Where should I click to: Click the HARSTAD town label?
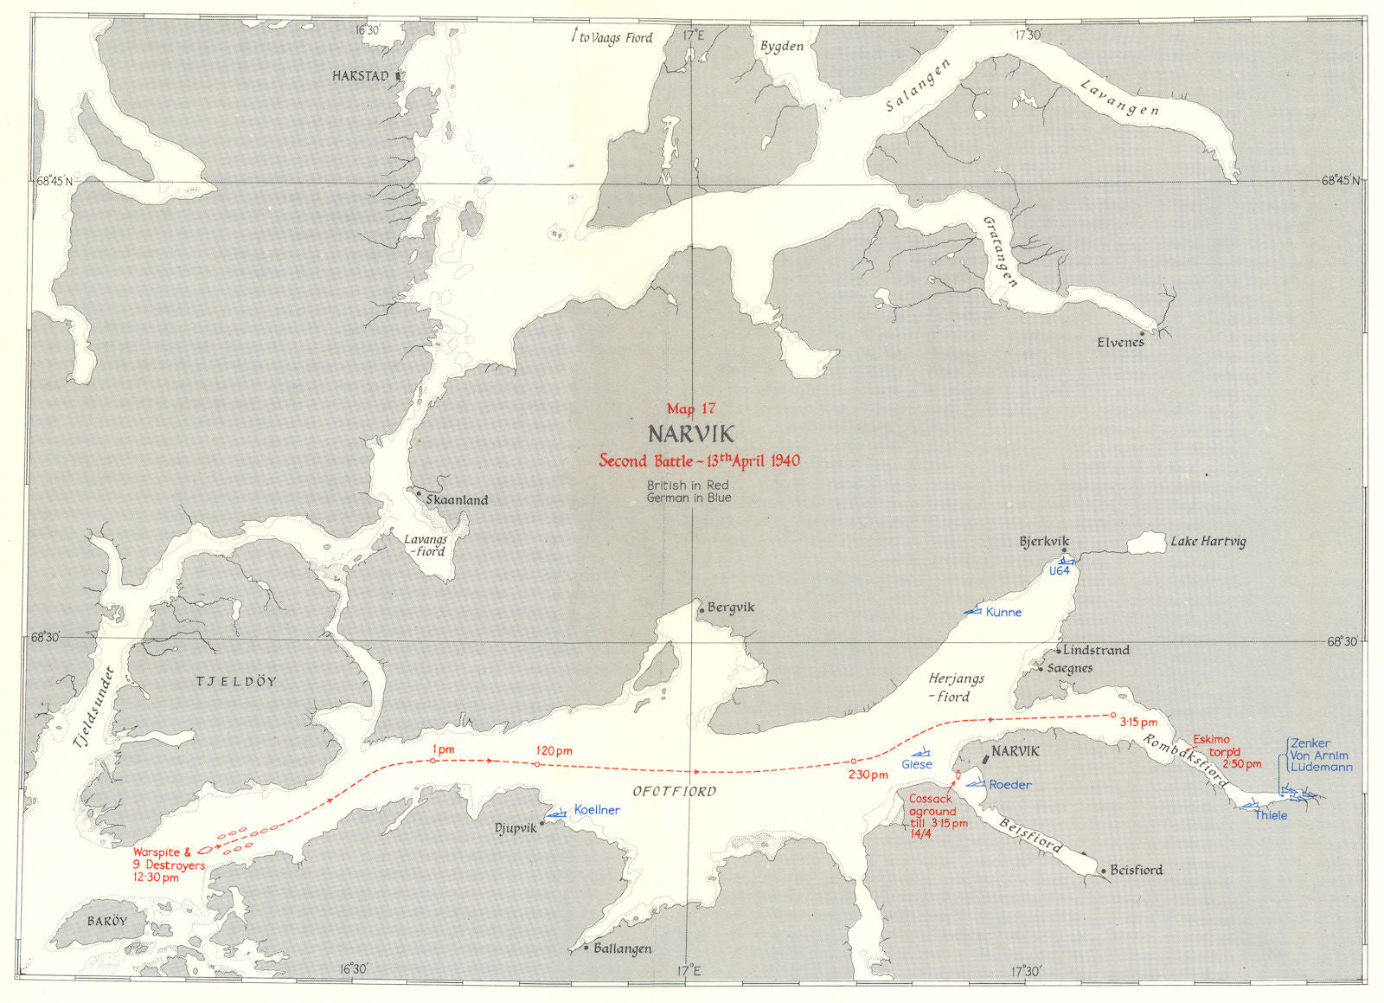point(360,76)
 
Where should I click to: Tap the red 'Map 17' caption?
point(691,408)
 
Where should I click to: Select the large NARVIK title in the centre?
point(691,434)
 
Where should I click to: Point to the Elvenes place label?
point(1120,343)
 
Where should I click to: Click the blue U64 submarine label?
point(1059,571)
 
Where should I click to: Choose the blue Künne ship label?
point(1003,613)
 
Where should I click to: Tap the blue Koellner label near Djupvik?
point(597,810)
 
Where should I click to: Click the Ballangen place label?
point(622,949)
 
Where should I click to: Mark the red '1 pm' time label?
point(442,749)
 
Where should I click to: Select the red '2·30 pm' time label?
point(868,775)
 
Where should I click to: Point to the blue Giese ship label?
point(917,764)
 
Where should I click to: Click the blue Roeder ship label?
point(1010,785)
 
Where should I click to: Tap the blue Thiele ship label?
point(1271,815)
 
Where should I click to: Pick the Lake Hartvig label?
point(1208,542)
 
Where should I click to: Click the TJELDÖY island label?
point(236,682)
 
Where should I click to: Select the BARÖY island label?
point(106,922)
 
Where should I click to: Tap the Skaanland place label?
point(457,500)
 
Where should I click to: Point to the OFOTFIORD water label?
point(674,791)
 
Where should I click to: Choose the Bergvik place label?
point(731,608)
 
